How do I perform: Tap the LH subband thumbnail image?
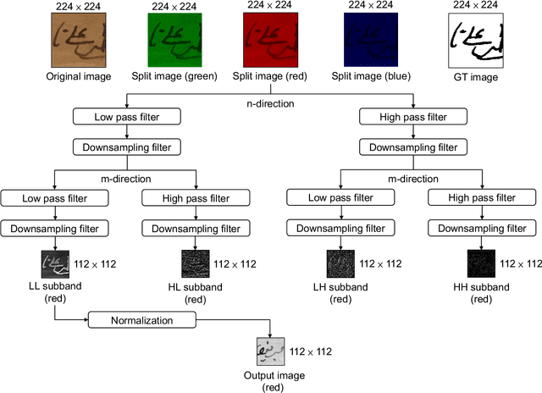tap(340, 263)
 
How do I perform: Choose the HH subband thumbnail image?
tap(483, 263)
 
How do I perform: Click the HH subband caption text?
tap(483, 293)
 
